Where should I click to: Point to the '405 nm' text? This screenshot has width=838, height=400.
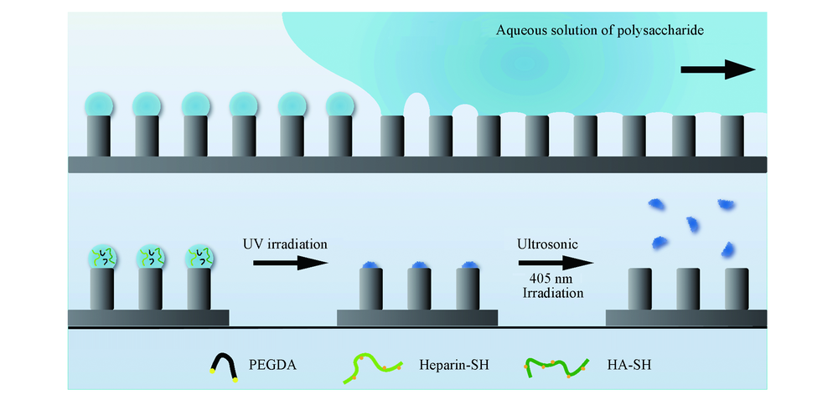click(x=549, y=279)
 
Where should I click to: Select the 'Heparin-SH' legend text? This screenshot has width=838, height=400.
click(x=448, y=364)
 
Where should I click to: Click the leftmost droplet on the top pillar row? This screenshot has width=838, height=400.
click(x=99, y=105)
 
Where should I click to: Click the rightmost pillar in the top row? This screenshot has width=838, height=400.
click(x=732, y=136)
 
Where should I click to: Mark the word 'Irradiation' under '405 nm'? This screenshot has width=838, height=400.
click(x=549, y=294)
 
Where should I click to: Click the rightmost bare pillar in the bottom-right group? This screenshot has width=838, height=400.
click(x=736, y=289)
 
